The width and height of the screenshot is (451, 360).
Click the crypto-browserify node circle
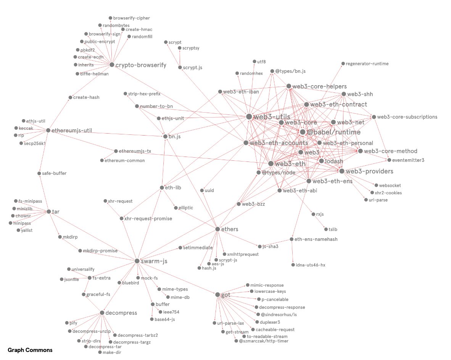tap(112, 65)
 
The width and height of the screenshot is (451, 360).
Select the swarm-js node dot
tap(137, 261)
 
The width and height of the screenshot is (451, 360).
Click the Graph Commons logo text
tap(30, 350)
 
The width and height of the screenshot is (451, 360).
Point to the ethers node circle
tap(218, 229)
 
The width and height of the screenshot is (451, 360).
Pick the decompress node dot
tap(102, 313)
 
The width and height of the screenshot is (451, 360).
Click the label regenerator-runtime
tap(367, 64)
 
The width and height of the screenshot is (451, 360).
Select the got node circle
tap(217, 295)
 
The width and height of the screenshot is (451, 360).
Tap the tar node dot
tap(48, 211)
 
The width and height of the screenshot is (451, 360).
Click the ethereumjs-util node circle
tap(48, 131)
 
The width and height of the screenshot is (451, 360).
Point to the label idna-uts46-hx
tap(311, 265)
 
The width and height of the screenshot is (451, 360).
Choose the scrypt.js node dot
tap(180, 68)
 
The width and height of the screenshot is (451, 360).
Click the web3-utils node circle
tap(249, 116)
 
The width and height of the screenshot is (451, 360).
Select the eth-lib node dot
tap(162, 187)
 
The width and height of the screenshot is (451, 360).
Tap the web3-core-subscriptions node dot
tap(374, 117)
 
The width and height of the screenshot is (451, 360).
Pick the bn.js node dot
tap(165, 136)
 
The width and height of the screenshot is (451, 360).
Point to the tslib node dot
tap(326, 229)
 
